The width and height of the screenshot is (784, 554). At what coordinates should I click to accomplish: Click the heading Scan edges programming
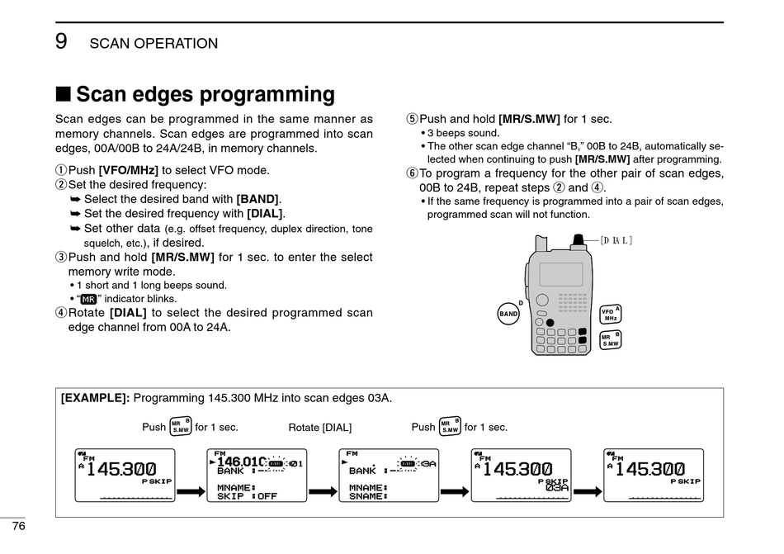tap(205, 94)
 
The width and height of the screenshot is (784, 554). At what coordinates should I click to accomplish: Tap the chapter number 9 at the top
tap(61, 41)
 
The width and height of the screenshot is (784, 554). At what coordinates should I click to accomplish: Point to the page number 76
tap(18, 527)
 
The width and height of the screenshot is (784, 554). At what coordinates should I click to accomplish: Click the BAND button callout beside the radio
tap(508, 314)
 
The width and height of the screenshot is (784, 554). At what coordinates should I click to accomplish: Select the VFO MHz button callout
tap(611, 314)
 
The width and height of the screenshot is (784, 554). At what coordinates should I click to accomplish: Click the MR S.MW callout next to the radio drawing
tap(610, 340)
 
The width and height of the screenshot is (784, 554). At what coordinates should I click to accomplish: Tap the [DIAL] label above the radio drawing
tap(616, 240)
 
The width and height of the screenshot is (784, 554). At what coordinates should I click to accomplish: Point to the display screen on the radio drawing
tap(560, 274)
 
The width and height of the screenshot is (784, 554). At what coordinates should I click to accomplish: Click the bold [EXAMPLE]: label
tap(95, 398)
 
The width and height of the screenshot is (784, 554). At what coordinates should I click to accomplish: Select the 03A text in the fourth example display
tap(557, 487)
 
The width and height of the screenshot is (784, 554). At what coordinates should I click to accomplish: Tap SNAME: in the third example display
tap(366, 496)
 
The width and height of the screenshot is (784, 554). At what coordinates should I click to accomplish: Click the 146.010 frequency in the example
tap(241, 462)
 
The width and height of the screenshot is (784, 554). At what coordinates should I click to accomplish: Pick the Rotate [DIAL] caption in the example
tap(319, 428)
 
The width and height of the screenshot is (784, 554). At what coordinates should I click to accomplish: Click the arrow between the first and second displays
tap(191, 492)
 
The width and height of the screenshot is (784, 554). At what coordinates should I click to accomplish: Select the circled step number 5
tap(413, 119)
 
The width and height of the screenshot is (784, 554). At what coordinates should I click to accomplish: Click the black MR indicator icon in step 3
tap(89, 299)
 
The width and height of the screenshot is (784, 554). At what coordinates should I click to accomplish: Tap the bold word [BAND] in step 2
tap(257, 199)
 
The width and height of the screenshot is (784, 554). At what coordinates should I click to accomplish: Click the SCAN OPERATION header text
tap(153, 44)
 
